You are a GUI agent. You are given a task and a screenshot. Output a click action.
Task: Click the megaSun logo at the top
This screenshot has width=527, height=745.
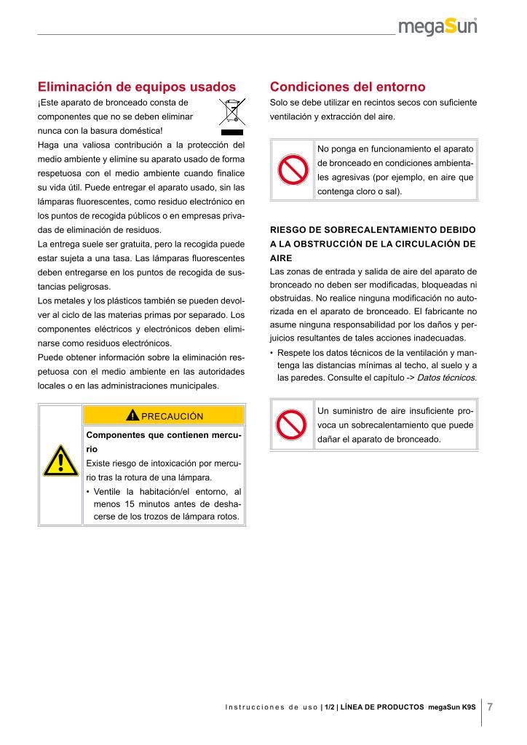click(437, 27)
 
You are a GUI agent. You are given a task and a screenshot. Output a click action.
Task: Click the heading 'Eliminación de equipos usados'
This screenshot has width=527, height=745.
click(137, 87)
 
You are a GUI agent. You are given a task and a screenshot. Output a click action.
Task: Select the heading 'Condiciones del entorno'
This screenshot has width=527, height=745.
click(347, 87)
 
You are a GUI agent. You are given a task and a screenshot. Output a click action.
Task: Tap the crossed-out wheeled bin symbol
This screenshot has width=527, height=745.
click(232, 117)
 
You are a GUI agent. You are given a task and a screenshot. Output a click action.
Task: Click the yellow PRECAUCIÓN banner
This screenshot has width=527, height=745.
click(165, 415)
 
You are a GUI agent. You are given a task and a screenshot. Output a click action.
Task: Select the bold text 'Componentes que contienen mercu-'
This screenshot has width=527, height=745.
click(164, 435)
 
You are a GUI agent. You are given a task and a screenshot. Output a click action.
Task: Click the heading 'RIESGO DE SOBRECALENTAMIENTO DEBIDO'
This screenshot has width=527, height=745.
click(373, 230)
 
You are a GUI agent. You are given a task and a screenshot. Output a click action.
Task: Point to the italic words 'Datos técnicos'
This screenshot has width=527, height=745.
click(447, 378)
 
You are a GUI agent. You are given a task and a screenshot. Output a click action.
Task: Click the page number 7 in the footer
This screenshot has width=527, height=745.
click(491, 706)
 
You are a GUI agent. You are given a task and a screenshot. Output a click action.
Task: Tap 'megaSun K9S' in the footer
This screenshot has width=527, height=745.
click(452, 707)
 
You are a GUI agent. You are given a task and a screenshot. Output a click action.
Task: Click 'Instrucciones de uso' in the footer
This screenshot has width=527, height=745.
click(271, 707)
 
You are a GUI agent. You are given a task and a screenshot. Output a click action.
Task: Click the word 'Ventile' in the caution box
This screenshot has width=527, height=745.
click(108, 492)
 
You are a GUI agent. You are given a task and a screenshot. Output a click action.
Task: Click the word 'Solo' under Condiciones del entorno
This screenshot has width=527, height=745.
click(279, 103)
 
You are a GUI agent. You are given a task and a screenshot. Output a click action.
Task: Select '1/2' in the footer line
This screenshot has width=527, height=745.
click(330, 707)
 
